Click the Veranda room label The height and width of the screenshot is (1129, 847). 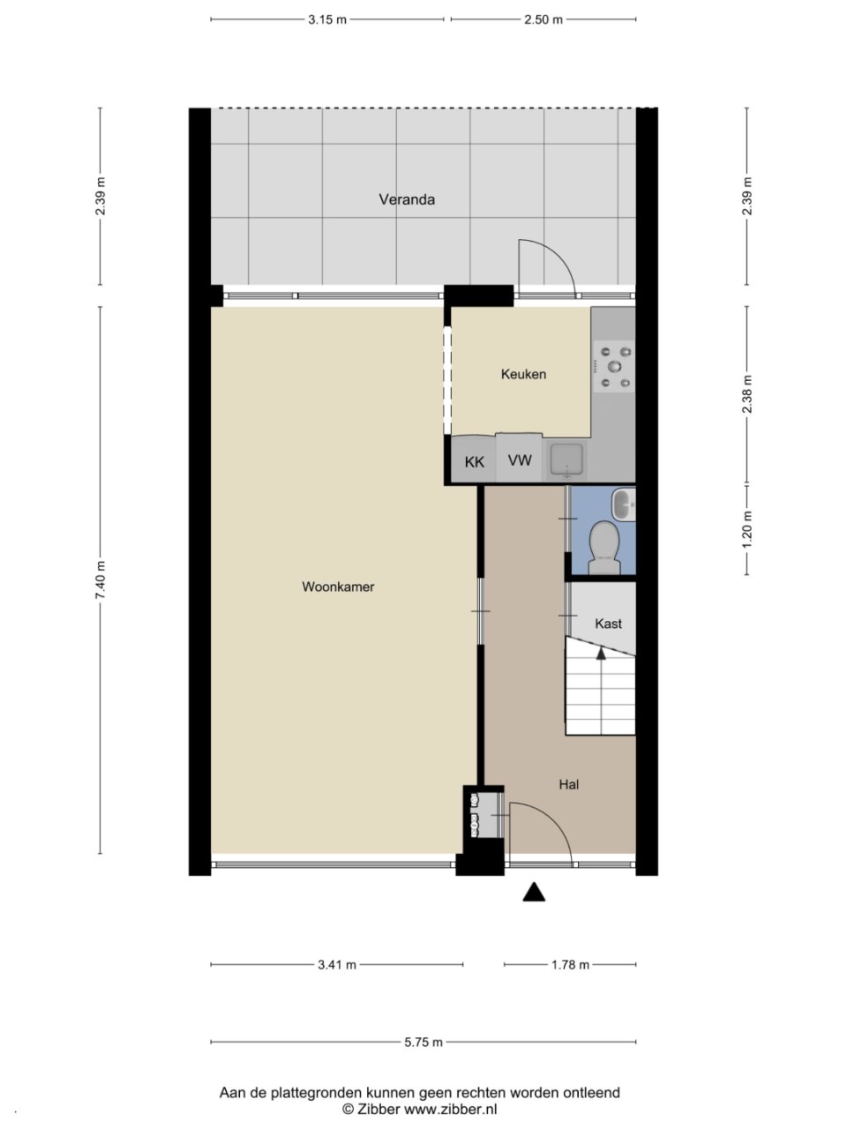pos(407,199)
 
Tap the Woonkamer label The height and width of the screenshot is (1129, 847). pos(338,587)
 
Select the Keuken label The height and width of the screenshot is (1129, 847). pos(523,374)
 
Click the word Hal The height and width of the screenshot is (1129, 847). pos(569,784)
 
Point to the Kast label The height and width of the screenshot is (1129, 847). pos(609,624)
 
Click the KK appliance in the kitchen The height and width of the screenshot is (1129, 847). pos(474,460)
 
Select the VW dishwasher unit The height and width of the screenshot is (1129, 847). pos(519,458)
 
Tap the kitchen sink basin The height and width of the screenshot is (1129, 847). pos(566,460)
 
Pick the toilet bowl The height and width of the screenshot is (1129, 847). pos(603,547)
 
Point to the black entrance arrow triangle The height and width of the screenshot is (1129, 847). pos(534,892)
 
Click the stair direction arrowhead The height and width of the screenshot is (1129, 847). pos(600,653)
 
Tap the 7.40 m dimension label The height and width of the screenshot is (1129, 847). pos(101,579)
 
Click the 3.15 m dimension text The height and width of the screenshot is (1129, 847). pos(327,19)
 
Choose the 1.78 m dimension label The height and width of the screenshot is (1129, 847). pos(570,965)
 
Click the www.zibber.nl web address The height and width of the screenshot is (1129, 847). pos(450,1109)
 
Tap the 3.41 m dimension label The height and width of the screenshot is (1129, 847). pos(337,965)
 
